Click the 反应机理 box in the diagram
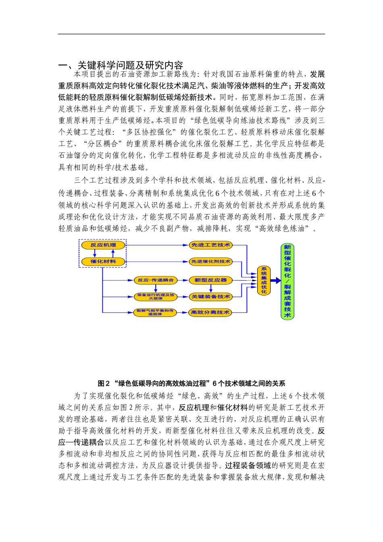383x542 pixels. pyautogui.click(x=103, y=245)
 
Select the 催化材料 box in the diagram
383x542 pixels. pyautogui.click(x=103, y=261)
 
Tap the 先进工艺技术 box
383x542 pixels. pyautogui.click(x=210, y=245)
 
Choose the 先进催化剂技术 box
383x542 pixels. pyautogui.click(x=210, y=261)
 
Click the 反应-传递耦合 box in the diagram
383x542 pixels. pyautogui.click(x=155, y=280)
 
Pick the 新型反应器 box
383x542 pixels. pyautogui.click(x=210, y=280)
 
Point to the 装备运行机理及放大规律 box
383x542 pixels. pyautogui.click(x=155, y=296)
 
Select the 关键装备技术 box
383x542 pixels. pyautogui.click(x=210, y=296)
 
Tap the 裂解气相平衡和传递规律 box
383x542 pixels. pyautogui.click(x=155, y=312)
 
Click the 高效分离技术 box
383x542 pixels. pyautogui.click(x=210, y=312)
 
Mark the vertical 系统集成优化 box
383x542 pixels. pyautogui.click(x=264, y=280)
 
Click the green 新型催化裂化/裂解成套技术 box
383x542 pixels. pyautogui.click(x=287, y=281)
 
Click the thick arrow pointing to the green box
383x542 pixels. pyautogui.click(x=276, y=281)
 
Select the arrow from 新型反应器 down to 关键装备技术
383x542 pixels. pyautogui.click(x=210, y=288)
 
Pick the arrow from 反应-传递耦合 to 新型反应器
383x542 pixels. pyautogui.click(x=183, y=280)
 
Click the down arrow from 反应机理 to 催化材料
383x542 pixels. pyautogui.click(x=95, y=253)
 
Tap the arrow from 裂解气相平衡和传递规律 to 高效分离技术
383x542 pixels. pyautogui.click(x=183, y=312)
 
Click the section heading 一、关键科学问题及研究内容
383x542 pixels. pyautogui.click(x=121, y=65)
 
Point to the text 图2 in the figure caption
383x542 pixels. pyautogui.click(x=104, y=383)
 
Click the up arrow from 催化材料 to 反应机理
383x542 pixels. pyautogui.click(x=113, y=253)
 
